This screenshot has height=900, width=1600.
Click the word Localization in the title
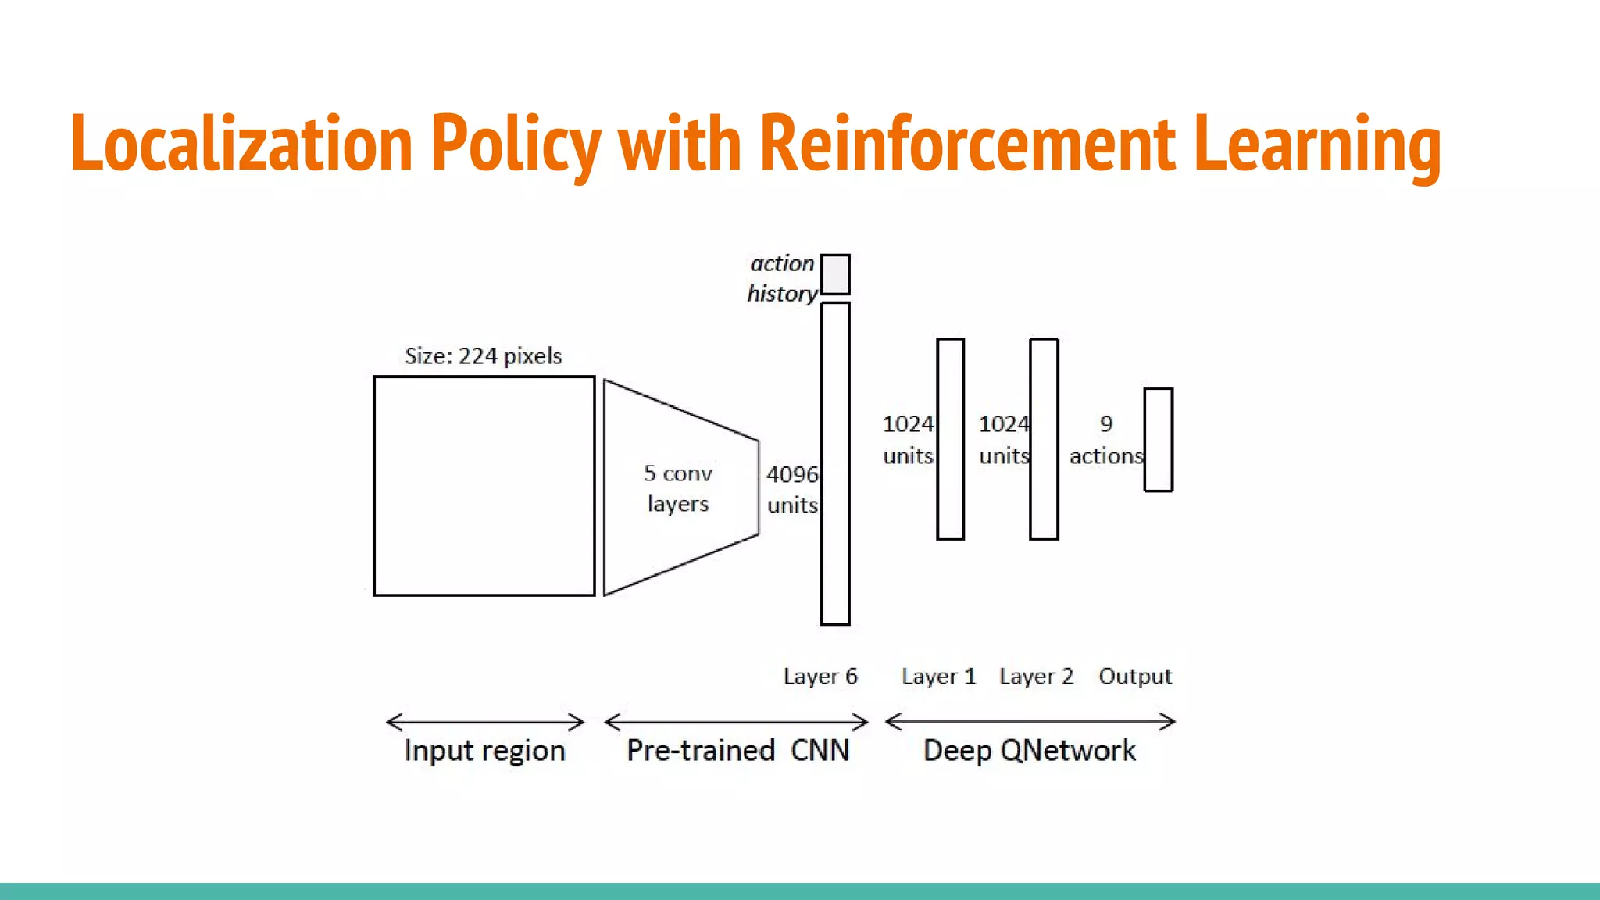click(241, 144)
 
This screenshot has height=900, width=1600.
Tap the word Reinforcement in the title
click(967, 144)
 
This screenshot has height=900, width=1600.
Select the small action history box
click(835, 274)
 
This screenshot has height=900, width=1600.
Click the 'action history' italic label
click(782, 278)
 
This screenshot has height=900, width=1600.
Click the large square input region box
click(484, 486)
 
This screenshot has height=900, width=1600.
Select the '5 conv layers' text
click(677, 488)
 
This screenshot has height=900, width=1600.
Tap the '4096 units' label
click(792, 489)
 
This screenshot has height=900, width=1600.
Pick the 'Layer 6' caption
click(820, 676)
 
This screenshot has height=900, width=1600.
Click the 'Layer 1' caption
click(938, 676)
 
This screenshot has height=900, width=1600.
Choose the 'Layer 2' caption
click(1036, 676)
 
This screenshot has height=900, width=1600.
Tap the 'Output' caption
click(1135, 676)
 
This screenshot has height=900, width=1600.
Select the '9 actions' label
click(1105, 440)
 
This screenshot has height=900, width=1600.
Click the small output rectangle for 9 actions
click(1158, 439)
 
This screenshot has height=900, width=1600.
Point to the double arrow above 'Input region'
click(485, 722)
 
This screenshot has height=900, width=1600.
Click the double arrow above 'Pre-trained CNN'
click(736, 722)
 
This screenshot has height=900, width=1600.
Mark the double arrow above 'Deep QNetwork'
click(1030, 722)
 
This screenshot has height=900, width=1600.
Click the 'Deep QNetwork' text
click(1029, 751)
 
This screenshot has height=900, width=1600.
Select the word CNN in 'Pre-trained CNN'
click(820, 751)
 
